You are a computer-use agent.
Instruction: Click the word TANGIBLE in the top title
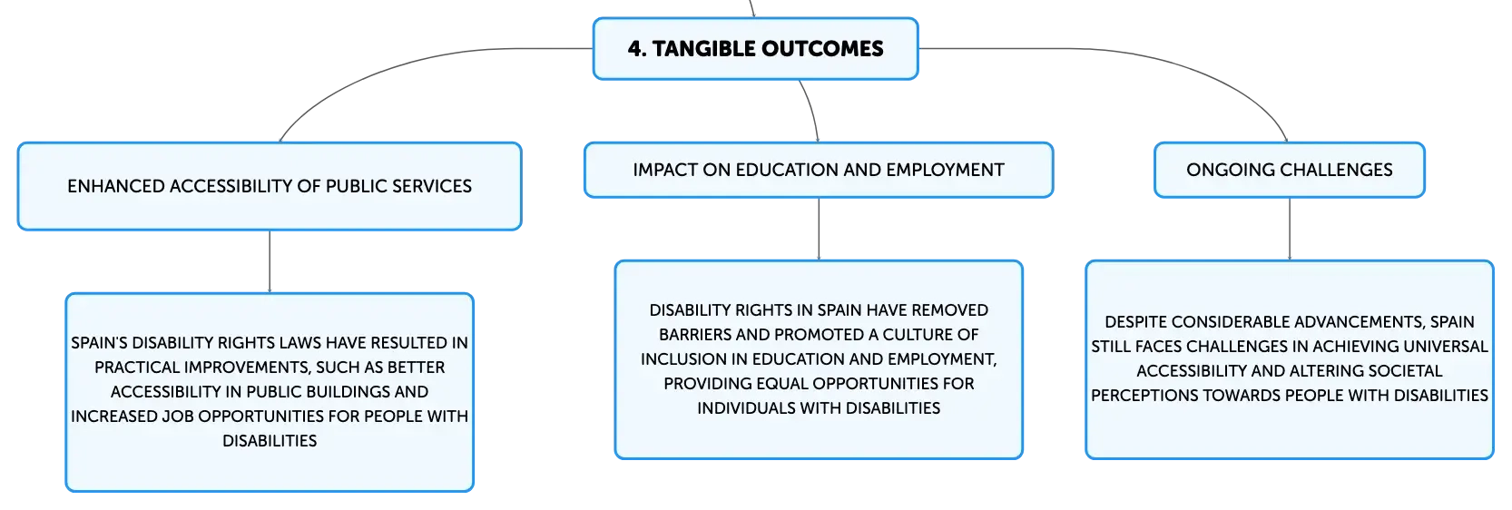[x=703, y=49]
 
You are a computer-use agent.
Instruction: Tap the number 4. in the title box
[x=636, y=49]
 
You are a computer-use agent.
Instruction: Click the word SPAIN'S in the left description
[x=99, y=343]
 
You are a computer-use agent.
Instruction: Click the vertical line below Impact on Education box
[x=819, y=230]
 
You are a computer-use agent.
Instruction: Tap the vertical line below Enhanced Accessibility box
[x=270, y=261]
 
